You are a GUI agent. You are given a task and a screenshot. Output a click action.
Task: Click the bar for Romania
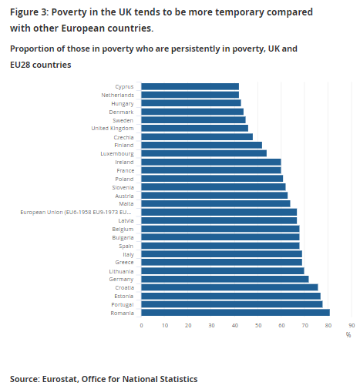(235, 312)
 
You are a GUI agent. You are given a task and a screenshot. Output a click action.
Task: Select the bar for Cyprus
(190, 86)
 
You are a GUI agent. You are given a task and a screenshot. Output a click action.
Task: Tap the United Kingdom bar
(194, 128)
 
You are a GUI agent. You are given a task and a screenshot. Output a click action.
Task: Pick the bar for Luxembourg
(204, 153)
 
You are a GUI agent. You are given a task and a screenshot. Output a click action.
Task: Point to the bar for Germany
(224, 279)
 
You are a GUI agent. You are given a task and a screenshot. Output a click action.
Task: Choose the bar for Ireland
(210, 162)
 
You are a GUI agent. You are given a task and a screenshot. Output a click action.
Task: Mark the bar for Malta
(215, 203)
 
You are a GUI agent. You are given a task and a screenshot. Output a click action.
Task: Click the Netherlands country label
(117, 95)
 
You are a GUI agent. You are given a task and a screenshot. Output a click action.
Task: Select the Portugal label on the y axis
(122, 304)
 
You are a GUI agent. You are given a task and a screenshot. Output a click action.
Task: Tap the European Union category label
(76, 212)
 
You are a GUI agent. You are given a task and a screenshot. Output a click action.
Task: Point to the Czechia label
(123, 136)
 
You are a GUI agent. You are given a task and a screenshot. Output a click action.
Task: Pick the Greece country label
(124, 262)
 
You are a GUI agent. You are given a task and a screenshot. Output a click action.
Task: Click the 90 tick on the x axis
(352, 325)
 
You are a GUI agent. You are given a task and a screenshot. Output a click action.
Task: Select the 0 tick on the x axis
(141, 325)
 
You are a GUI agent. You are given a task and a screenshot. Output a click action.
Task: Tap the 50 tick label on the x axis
(258, 325)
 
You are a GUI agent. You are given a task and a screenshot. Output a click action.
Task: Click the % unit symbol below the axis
(348, 334)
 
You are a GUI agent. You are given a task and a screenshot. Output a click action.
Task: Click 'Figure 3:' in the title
(29, 12)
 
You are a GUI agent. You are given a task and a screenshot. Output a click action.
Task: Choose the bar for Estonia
(230, 296)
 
